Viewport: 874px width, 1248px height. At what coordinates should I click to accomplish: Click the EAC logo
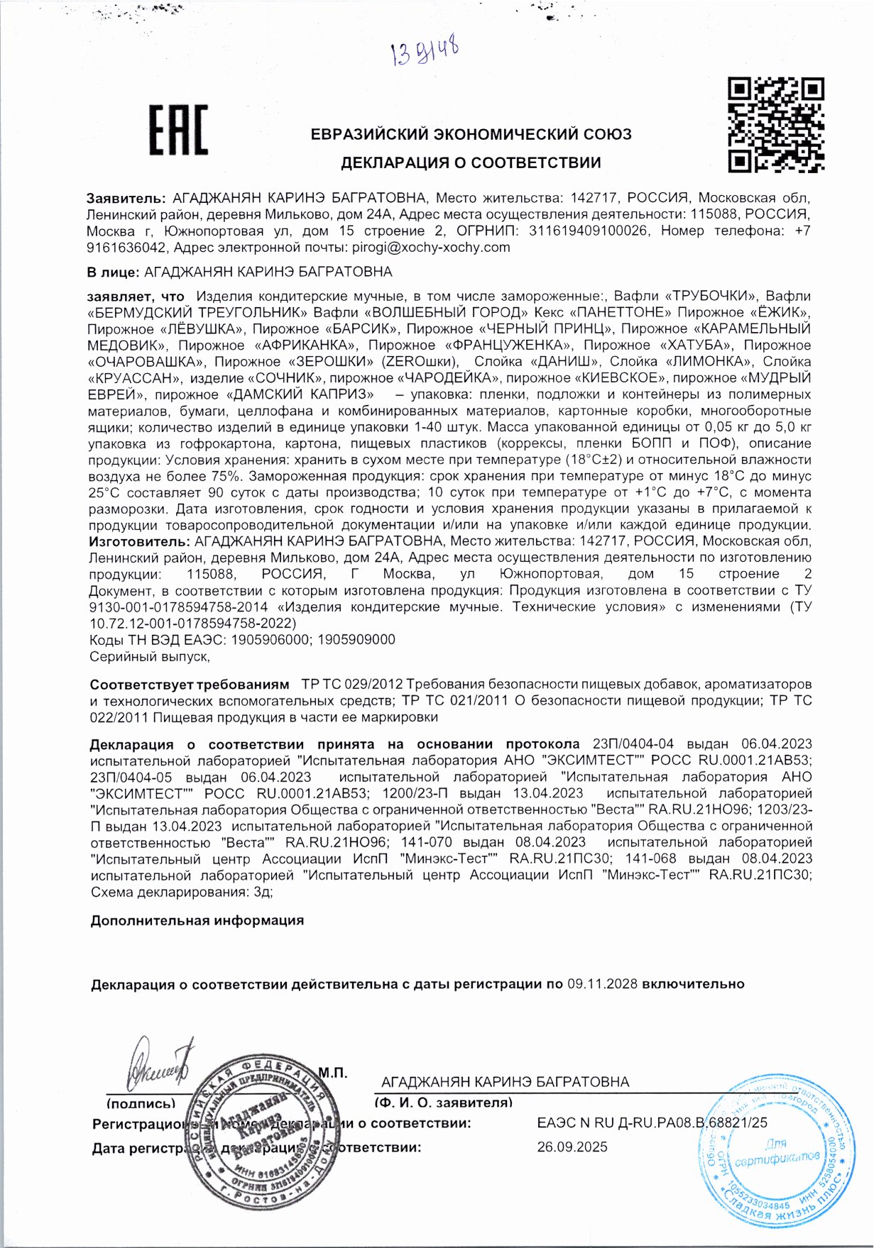point(177,130)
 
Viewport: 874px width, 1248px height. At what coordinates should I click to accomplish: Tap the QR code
point(775,125)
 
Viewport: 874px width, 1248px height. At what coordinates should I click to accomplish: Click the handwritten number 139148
point(425,50)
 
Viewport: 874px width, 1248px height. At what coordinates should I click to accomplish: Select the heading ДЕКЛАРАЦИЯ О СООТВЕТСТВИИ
point(471,162)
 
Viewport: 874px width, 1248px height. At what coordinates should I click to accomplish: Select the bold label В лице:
point(112,272)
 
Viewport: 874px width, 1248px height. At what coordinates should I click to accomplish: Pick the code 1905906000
point(271,639)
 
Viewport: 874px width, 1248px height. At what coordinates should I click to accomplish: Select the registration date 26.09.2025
point(572,1147)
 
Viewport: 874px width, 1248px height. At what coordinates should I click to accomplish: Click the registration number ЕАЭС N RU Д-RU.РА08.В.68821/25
point(652,1122)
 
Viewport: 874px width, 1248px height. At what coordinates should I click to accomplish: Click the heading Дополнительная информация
point(197,920)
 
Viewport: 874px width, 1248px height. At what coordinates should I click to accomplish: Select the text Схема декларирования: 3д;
point(181,892)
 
